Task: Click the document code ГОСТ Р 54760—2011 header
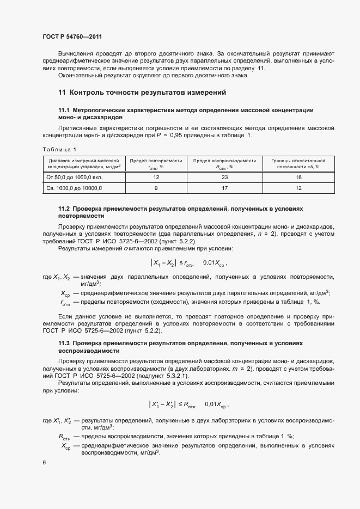(72, 37)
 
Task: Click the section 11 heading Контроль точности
(142, 93)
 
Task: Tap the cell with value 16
(298, 177)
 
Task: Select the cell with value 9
(156, 188)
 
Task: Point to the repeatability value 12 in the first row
(156, 177)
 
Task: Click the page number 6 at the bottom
(44, 463)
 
